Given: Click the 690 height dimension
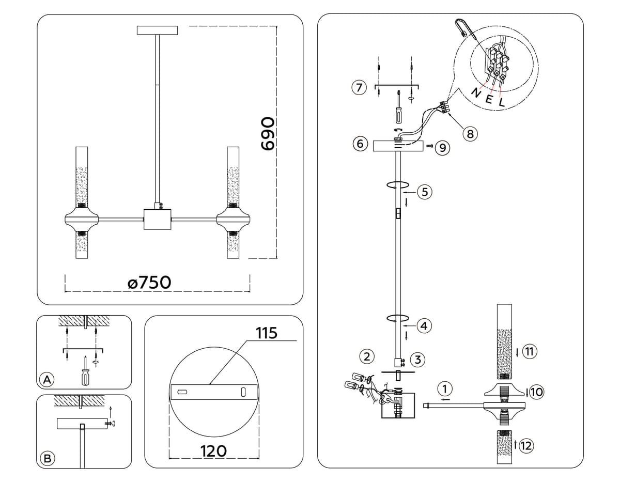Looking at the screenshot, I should (266, 133).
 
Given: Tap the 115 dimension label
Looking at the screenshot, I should (267, 333).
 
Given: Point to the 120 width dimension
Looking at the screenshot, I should (213, 451).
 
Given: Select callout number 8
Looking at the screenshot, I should (469, 134).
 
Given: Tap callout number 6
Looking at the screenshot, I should (360, 143).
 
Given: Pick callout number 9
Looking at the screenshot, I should (442, 148).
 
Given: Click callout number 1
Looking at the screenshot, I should (447, 387).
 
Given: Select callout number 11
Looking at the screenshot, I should (528, 352).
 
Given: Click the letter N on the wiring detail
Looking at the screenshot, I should (476, 93).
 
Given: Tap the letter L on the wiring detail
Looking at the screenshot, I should (500, 102).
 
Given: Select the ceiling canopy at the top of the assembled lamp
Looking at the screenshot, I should (157, 30).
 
